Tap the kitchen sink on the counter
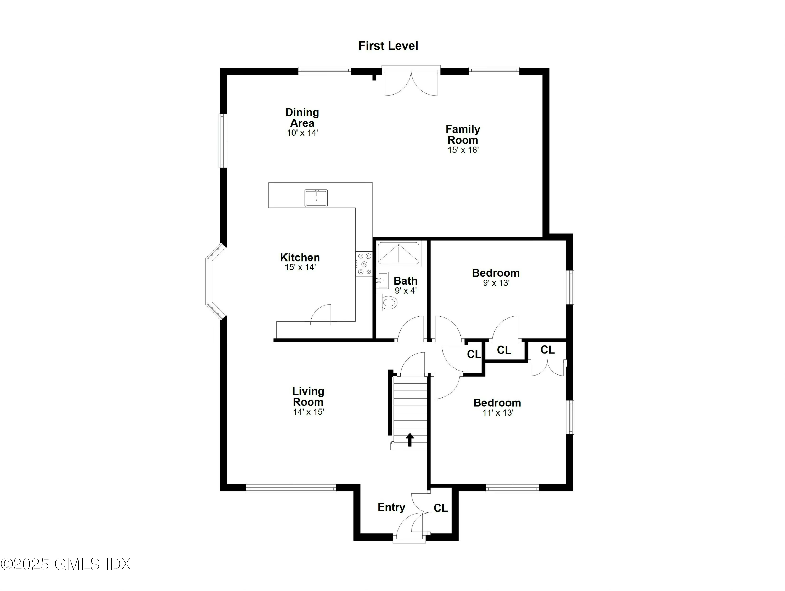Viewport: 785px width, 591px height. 316,198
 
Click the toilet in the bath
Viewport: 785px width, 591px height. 388,303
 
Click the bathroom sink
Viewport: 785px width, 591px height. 382,280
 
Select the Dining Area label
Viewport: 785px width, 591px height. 302,118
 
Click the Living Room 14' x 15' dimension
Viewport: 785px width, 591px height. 309,412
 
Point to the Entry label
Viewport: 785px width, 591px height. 391,507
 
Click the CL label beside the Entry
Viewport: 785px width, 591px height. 441,508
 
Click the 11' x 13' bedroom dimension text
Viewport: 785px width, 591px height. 497,413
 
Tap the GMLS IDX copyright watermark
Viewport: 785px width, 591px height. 66,564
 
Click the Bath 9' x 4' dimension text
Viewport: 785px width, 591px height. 405,291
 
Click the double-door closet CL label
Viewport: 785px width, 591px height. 547,350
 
